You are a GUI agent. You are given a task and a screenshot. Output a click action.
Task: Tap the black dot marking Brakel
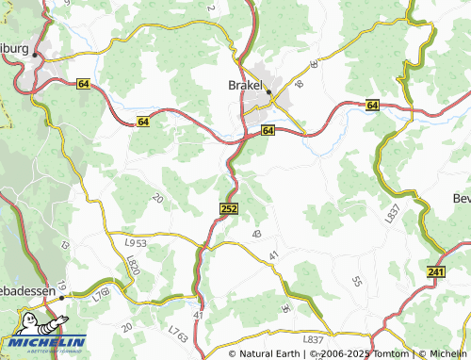coord(268,92)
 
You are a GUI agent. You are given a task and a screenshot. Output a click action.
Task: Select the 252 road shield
coord(228,207)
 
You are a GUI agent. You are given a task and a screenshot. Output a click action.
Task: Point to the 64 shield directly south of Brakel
coord(268,130)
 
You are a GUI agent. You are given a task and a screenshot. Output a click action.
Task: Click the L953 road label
coord(137,242)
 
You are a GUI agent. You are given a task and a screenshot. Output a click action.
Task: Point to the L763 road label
coord(178,334)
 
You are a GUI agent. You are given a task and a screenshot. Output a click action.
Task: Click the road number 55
coord(356,281)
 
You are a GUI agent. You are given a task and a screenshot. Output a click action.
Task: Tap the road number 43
coord(255,234)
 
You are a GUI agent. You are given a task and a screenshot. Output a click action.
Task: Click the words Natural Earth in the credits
coord(272,353)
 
